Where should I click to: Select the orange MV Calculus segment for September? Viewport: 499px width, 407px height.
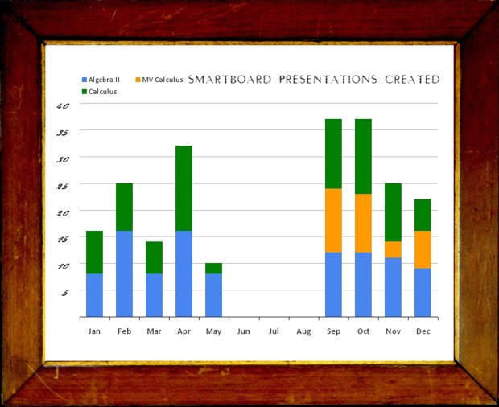[x=333, y=220]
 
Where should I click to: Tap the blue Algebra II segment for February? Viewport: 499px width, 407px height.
[x=124, y=273]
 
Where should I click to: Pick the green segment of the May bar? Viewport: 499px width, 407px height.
[x=213, y=268]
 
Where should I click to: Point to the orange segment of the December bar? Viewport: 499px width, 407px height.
[x=423, y=249]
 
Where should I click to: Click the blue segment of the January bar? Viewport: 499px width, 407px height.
[x=94, y=295]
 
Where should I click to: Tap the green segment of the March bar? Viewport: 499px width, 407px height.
[x=154, y=257]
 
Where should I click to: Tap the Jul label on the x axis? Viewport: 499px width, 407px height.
[x=274, y=331]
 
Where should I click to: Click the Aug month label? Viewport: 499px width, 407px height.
[x=303, y=331]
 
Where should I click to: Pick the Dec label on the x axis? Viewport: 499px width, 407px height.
[x=423, y=331]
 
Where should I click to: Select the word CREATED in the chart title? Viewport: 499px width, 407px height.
[x=412, y=80]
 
